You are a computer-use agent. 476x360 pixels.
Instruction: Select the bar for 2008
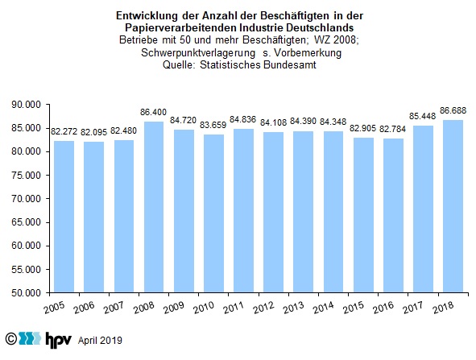tap(154, 207)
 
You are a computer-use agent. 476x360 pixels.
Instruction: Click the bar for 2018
tap(453, 206)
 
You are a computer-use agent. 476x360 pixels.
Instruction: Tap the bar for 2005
tap(64, 217)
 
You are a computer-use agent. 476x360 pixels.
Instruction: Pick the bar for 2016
tap(393, 216)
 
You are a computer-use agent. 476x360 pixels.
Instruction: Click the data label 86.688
tap(453, 110)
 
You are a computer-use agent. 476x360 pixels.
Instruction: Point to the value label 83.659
tap(213, 125)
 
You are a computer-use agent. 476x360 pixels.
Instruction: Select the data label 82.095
tap(93, 132)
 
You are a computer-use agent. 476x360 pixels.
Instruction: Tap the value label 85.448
tap(423, 116)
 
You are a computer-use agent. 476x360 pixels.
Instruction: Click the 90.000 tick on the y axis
tap(26, 105)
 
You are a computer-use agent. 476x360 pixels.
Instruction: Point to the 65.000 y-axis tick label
tap(26, 222)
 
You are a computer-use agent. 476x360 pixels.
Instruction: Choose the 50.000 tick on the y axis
tap(26, 293)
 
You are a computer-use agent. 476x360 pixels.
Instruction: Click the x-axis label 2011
tap(233, 308)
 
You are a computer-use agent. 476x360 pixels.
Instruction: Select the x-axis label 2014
tap(323, 308)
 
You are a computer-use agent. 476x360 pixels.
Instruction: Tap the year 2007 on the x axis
tap(114, 308)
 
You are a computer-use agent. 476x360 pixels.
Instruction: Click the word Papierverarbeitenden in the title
tap(181, 28)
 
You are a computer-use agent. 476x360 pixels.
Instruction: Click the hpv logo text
tap(58, 339)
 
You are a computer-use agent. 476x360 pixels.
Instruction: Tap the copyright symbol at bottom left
tap(11, 338)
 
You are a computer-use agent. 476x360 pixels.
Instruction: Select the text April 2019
tap(100, 341)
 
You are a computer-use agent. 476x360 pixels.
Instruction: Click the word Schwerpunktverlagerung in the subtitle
tap(198, 53)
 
